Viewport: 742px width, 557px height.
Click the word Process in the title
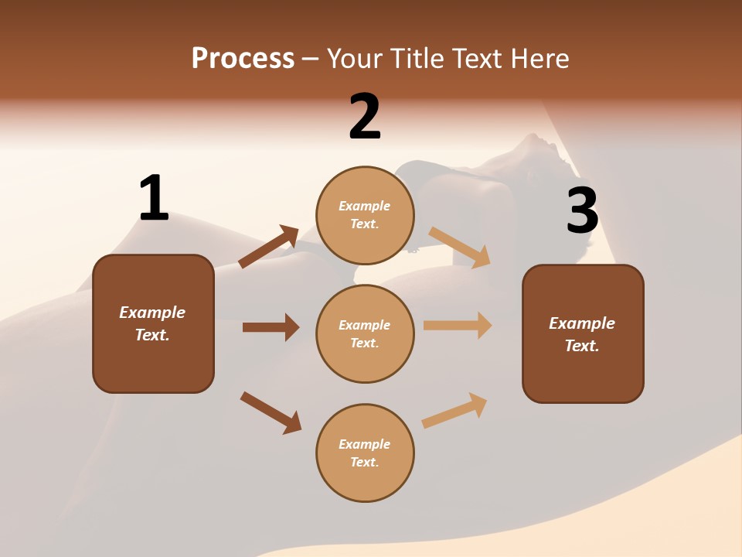[243, 59]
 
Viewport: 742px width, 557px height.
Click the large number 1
[154, 198]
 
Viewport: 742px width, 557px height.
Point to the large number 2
[365, 117]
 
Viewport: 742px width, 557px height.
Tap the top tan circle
[365, 215]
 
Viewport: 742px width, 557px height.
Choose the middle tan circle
[365, 333]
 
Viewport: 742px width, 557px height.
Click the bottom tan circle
[365, 453]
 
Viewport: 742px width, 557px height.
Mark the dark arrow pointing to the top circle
[269, 247]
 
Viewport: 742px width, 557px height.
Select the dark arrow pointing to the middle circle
[271, 327]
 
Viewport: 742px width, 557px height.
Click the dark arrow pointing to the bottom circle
[271, 412]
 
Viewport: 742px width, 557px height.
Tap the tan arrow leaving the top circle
[459, 247]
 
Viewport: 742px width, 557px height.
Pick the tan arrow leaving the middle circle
[458, 326]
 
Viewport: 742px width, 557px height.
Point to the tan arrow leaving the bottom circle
[454, 410]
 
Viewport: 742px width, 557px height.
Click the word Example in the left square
[152, 313]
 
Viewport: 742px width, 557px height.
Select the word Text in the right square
[581, 346]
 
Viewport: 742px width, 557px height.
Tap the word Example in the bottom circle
[365, 444]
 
